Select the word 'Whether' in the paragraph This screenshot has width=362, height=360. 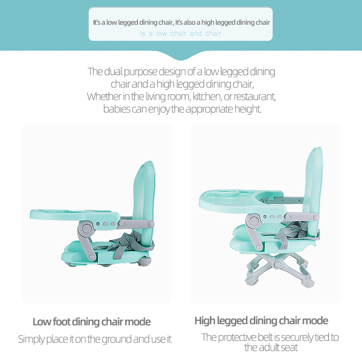point(104,96)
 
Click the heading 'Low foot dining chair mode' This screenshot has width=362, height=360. point(92,321)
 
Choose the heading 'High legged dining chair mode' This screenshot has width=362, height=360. point(261,321)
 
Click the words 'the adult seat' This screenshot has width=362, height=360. point(271,348)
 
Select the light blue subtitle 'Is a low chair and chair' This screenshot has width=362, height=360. point(181,33)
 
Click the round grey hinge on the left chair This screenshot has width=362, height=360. point(86,228)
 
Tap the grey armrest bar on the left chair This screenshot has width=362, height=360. point(136,224)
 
